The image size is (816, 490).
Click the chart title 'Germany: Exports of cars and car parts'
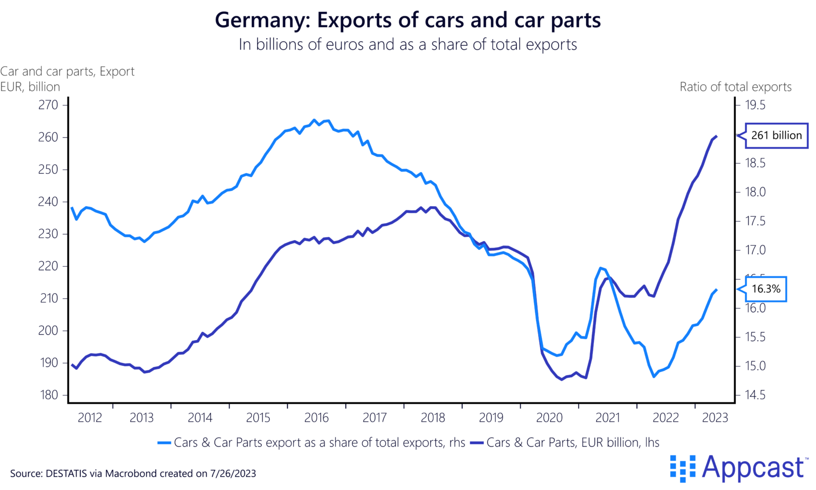407,20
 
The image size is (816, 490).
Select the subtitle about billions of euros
407,45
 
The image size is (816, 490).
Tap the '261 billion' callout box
776,136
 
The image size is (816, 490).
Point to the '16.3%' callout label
766,289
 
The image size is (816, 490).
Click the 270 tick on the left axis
48,105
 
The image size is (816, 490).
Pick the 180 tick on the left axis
48,395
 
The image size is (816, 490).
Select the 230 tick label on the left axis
48,234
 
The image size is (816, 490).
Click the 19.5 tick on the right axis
755,105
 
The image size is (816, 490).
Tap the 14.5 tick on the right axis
755,395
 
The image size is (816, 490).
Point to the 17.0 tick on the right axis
755,250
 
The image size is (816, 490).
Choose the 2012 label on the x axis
89,418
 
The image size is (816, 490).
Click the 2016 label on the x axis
317,418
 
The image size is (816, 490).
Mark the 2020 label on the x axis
549,418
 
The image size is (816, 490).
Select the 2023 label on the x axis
715,418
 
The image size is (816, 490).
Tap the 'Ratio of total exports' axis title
735,87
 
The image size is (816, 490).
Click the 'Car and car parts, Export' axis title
67,72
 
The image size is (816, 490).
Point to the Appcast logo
738,468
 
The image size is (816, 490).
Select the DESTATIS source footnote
133,474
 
